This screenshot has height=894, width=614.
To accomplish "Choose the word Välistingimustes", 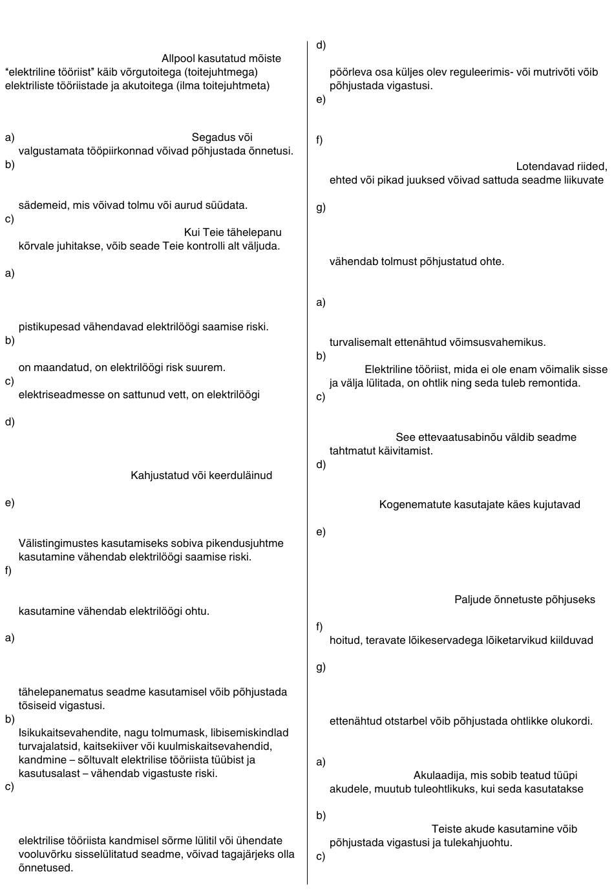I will click(x=59, y=543).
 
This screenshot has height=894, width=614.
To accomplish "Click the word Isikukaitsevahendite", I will click(x=68, y=732).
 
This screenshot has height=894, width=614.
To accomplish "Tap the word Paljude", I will click(x=472, y=599).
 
